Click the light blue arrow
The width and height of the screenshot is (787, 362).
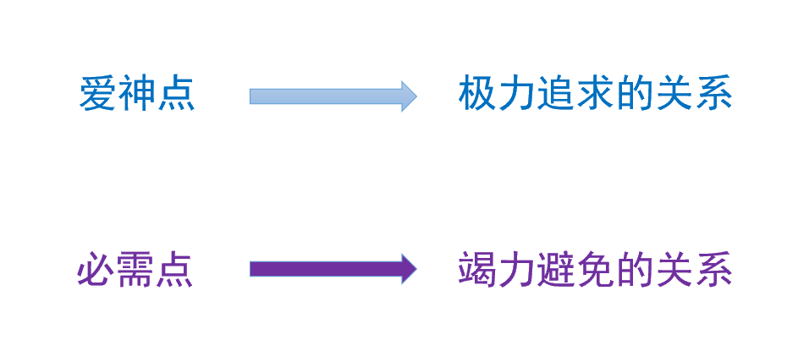pyautogui.click(x=333, y=96)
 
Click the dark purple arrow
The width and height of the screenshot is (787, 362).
pyautogui.click(x=333, y=269)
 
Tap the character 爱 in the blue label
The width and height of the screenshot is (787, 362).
pyautogui.click(x=97, y=95)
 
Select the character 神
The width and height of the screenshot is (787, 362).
pyautogui.click(x=136, y=95)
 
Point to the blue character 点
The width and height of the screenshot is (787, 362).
pyautogui.click(x=176, y=95)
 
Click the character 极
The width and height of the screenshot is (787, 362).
pyautogui.click(x=477, y=94)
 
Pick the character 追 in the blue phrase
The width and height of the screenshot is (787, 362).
pyautogui.click(x=556, y=94)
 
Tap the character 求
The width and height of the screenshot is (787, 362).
pyautogui.click(x=595, y=94)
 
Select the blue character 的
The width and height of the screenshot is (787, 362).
pyautogui.click(x=635, y=94)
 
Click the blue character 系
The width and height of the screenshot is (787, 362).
pyautogui.click(x=713, y=94)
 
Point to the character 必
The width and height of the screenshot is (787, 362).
pyautogui.click(x=96, y=270)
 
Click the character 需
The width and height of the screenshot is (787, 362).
pyautogui.click(x=136, y=270)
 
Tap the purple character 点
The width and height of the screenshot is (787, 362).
pyautogui.click(x=175, y=270)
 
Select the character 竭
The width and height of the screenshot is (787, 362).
pyautogui.click(x=477, y=270)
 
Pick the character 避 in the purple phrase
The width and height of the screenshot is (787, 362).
pyautogui.click(x=556, y=270)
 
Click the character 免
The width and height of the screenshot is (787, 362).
pyautogui.click(x=595, y=270)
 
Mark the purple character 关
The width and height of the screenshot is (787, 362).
pyautogui.click(x=674, y=270)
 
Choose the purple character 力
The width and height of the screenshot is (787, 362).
pyautogui.click(x=516, y=270)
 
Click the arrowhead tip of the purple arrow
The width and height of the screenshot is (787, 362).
pyautogui.click(x=417, y=269)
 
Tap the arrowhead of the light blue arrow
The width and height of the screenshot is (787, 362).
pyautogui.click(x=409, y=96)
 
